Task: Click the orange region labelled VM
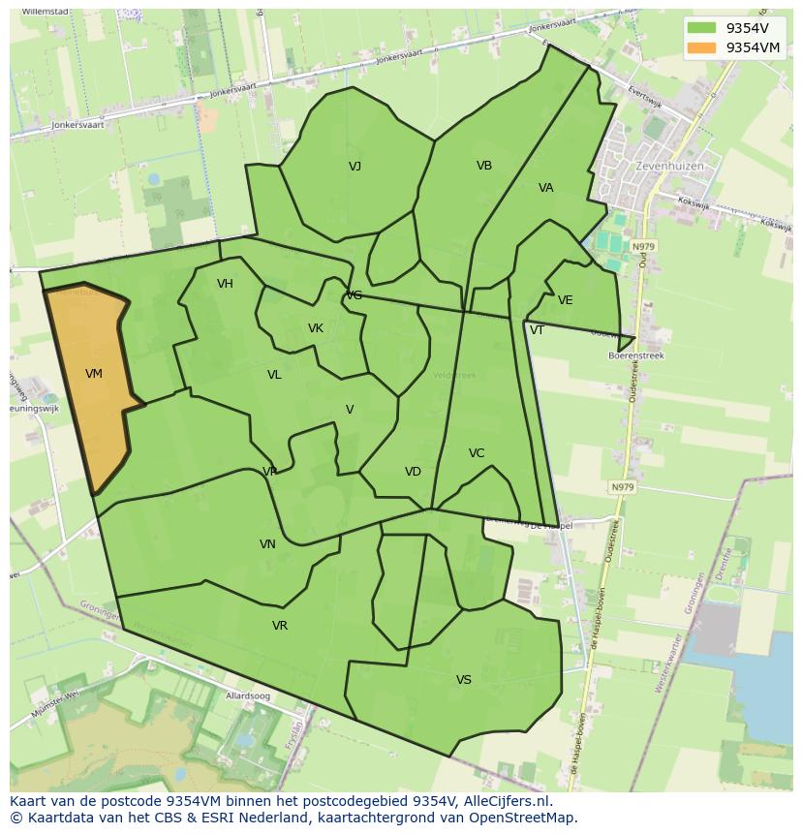[92, 387]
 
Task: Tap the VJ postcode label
[355, 167]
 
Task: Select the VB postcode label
[484, 166]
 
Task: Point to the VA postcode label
[546, 188]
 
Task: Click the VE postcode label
[566, 300]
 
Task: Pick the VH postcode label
[226, 284]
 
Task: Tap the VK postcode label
[316, 328]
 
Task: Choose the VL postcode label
[274, 375]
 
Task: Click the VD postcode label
[413, 472]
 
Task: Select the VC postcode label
[477, 453]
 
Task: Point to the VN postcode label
[267, 544]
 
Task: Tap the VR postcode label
[280, 626]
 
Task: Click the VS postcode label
[464, 680]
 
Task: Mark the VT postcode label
[537, 330]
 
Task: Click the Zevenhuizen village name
[670, 167]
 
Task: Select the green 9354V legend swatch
[702, 27]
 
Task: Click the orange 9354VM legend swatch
[702, 47]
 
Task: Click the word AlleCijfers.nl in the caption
[504, 801]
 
